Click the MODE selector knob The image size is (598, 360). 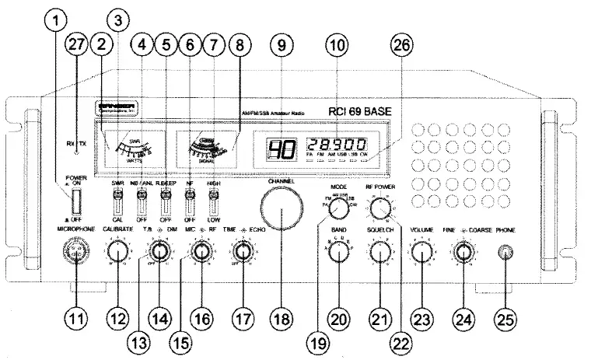pos(338,209)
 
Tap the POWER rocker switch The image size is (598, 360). pos(75,204)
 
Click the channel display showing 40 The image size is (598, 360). pos(278,149)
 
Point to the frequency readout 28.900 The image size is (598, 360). pos(336,145)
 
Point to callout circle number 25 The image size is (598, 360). pos(506,318)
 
